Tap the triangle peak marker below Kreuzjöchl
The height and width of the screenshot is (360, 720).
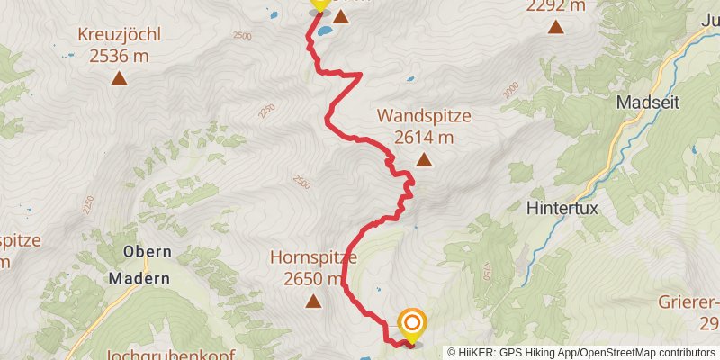119,78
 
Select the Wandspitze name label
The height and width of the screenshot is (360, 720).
424,116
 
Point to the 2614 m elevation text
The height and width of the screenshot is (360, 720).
424,137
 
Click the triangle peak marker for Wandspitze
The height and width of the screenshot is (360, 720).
424,161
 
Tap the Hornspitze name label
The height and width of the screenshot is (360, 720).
313,257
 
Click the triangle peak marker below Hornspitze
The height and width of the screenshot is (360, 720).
313,301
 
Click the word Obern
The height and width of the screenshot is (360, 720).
139,253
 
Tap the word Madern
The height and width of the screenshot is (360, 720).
139,278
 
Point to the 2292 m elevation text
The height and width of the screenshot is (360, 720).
555,5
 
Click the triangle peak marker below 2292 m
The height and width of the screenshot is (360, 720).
555,28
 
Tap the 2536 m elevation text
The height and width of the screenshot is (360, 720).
119,56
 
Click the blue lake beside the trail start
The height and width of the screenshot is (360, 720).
323,30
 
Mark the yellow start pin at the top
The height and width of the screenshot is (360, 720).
319,4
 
